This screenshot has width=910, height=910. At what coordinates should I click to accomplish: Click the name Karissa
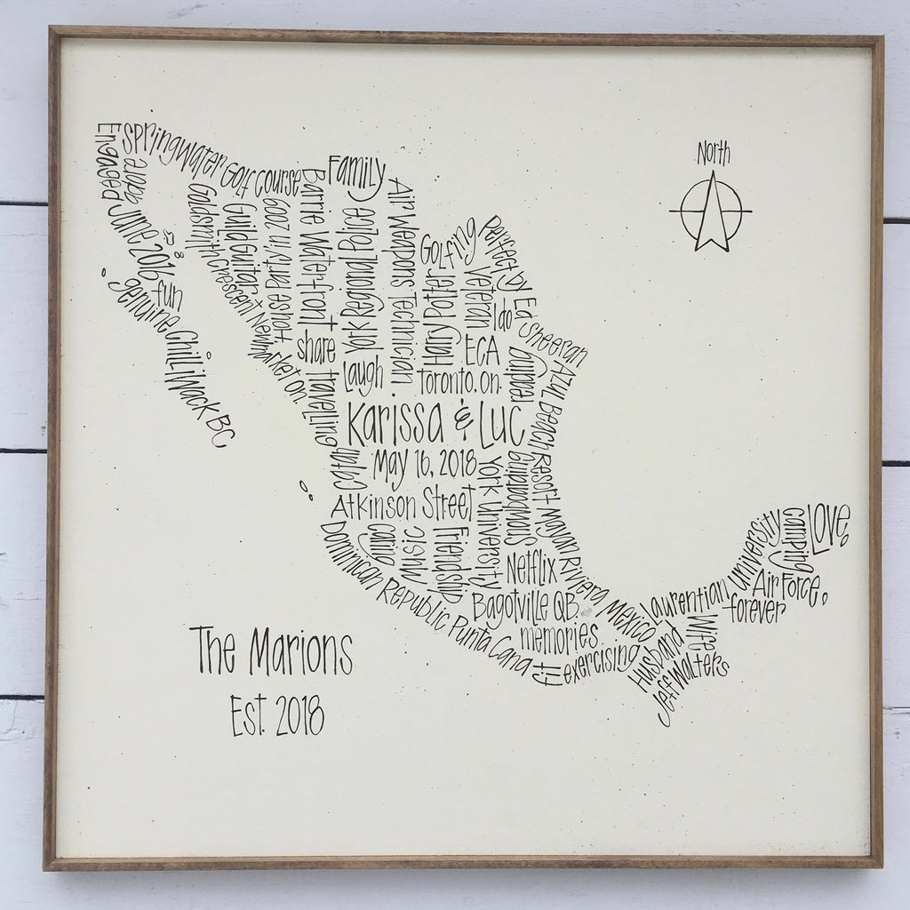[395, 427]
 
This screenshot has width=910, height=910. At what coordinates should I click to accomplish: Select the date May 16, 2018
[425, 464]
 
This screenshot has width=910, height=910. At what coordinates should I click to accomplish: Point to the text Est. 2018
[276, 714]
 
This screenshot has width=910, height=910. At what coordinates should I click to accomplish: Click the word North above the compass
[713, 153]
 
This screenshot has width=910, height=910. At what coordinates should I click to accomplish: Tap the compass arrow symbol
[711, 212]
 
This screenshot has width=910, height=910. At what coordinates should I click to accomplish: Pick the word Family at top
[357, 171]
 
